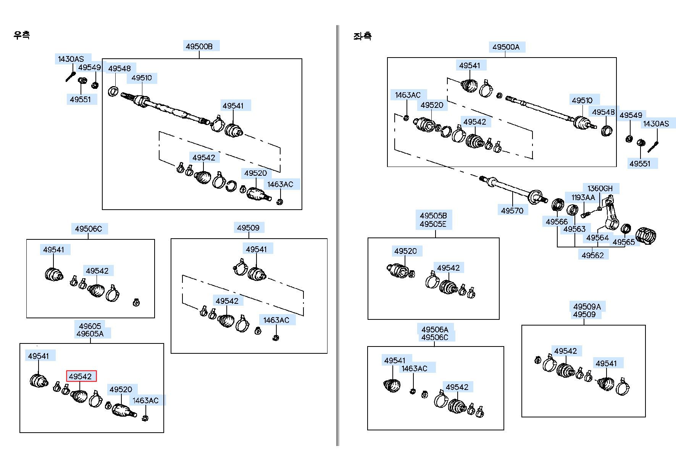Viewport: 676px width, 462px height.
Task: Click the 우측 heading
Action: point(21,35)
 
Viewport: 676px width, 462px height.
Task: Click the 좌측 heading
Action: point(362,36)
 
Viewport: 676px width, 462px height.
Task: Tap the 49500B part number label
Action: point(199,47)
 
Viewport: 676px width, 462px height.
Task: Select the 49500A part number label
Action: point(506,47)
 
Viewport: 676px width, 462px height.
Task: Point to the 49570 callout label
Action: point(512,210)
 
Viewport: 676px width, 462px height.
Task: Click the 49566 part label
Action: point(557,222)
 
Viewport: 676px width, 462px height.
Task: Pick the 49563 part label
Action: point(574,229)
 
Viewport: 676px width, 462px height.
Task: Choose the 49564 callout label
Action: point(597,238)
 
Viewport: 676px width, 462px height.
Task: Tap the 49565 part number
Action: point(623,242)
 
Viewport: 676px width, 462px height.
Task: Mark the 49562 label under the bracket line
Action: point(592,255)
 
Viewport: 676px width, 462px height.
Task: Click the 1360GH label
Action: point(600,188)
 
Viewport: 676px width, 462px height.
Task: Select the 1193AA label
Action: point(583,197)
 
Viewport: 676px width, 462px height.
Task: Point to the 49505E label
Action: point(433,224)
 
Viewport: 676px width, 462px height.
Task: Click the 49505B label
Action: point(433,216)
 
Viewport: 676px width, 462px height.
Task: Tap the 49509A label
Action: point(587,306)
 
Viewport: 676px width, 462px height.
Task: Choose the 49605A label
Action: point(90,334)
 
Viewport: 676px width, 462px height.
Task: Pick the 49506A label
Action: point(435,329)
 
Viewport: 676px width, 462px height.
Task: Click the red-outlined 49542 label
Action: point(81,376)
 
